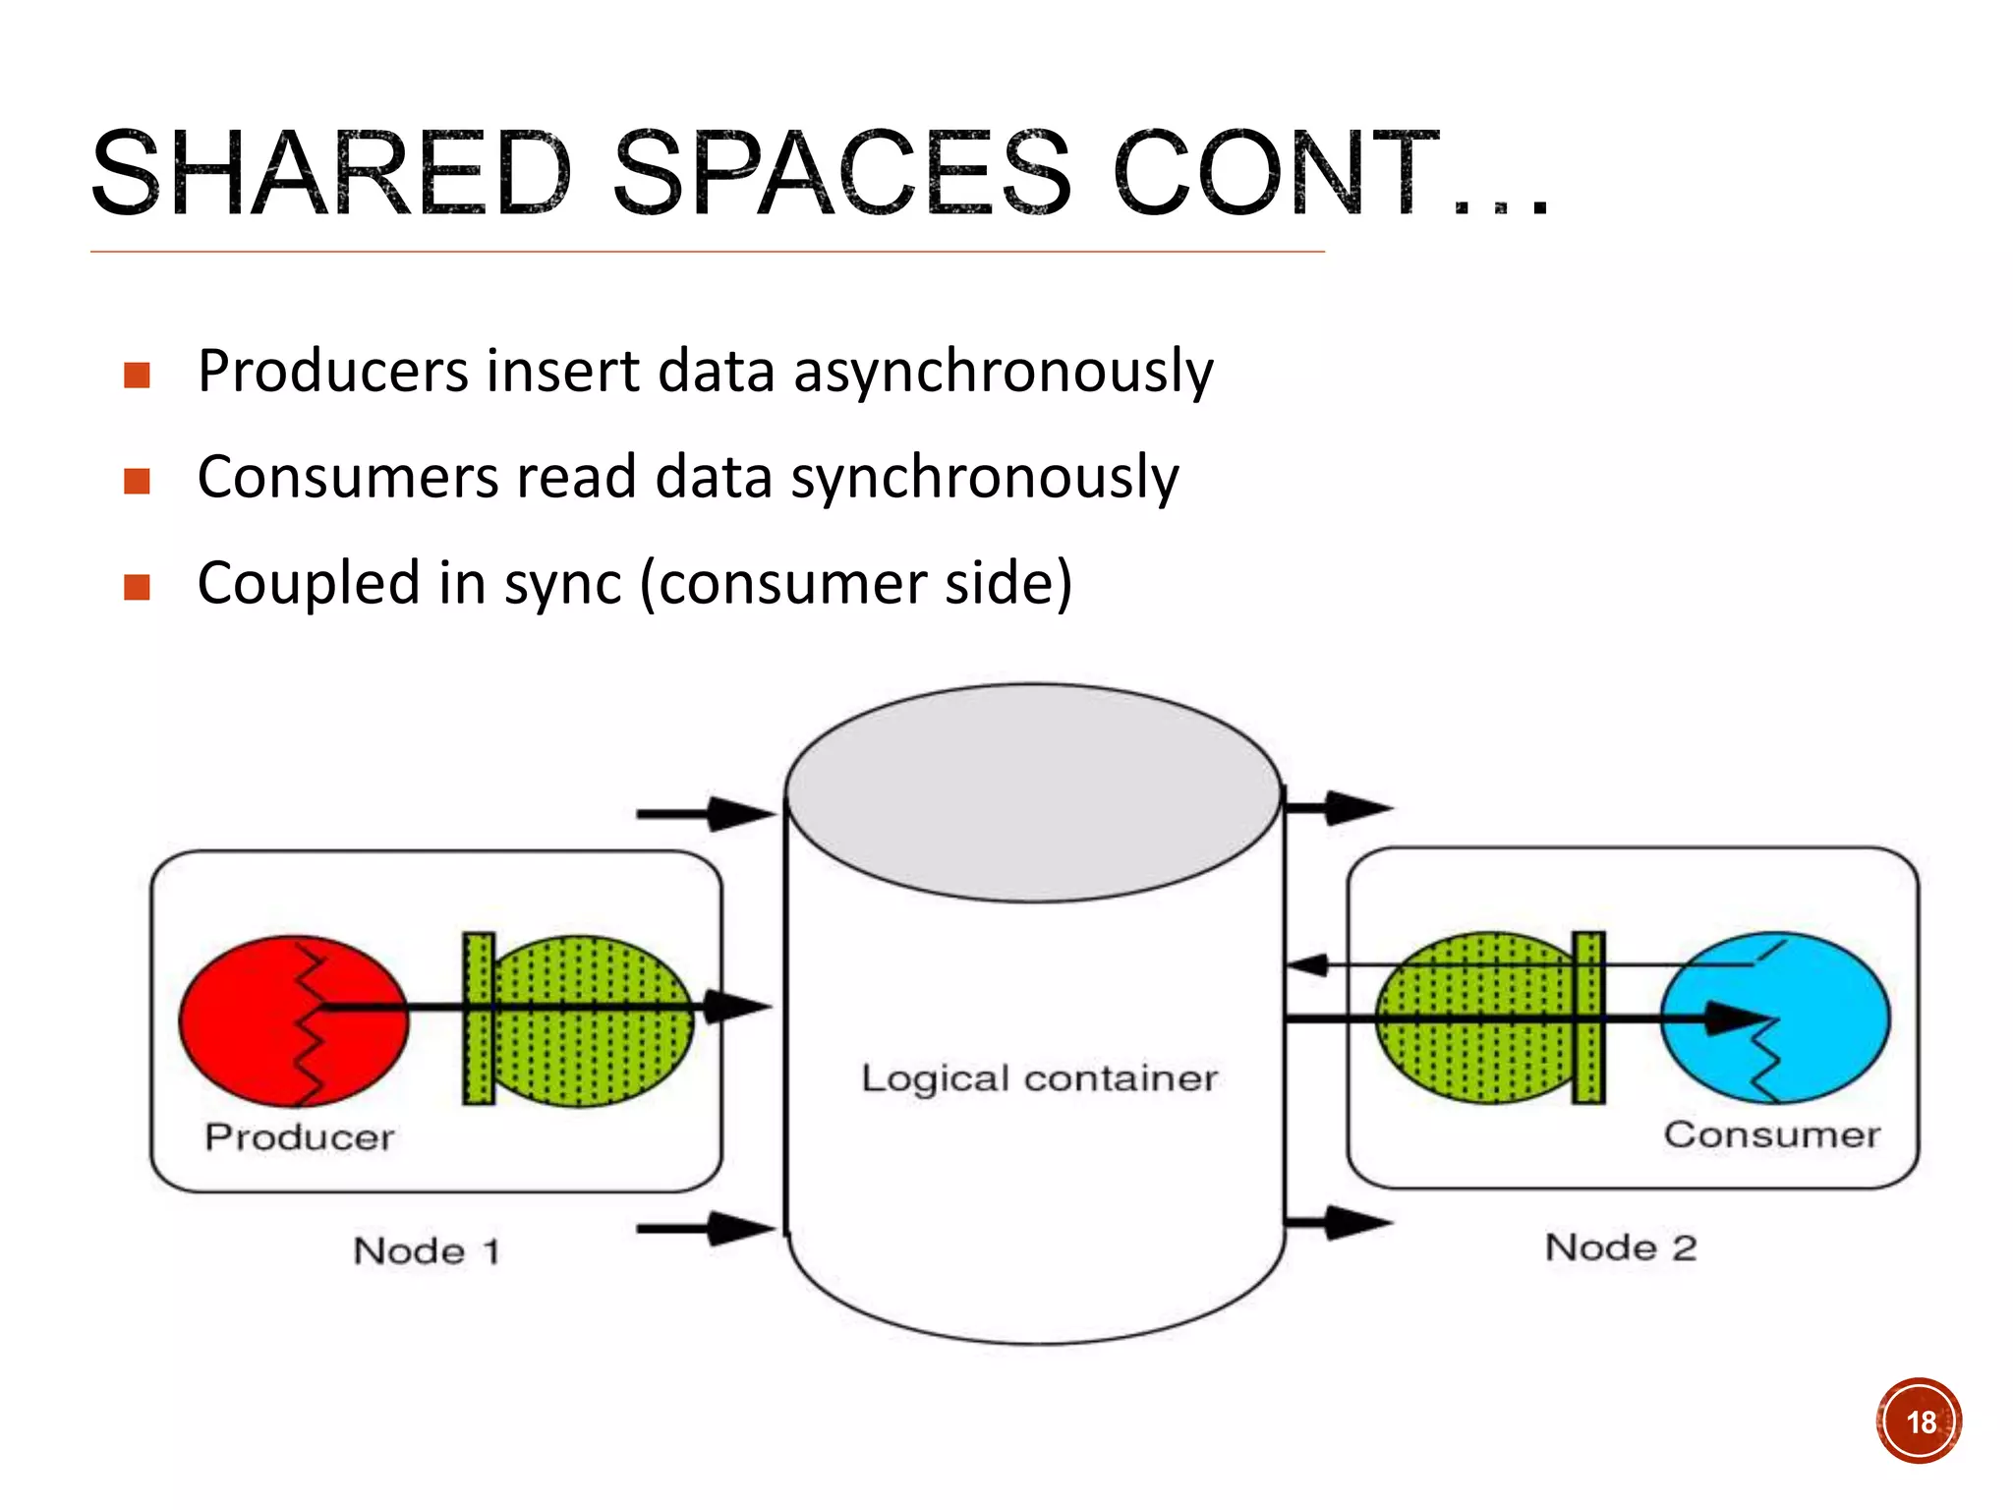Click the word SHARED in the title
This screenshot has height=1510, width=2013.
(330, 174)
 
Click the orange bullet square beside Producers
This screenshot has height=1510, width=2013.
(138, 375)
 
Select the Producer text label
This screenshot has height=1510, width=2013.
(300, 1137)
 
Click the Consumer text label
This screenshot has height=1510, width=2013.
(1771, 1134)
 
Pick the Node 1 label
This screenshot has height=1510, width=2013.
(427, 1251)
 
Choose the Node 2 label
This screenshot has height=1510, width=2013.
(1621, 1248)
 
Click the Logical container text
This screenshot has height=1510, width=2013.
(1039, 1078)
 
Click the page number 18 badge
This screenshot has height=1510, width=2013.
(1919, 1422)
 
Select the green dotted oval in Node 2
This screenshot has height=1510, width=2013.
(1465, 1062)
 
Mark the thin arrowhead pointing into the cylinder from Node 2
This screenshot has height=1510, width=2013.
(1307, 965)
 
